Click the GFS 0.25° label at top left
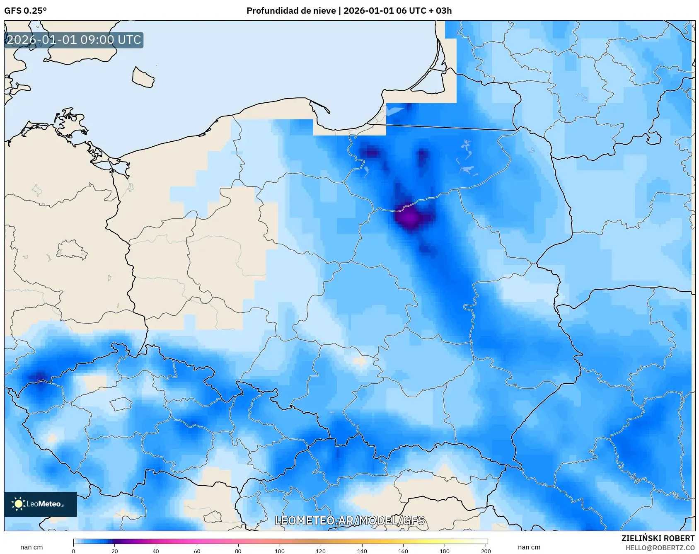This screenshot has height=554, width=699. [25, 11]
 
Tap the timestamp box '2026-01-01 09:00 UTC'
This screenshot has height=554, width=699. [74, 40]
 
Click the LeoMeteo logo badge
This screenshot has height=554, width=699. [40, 504]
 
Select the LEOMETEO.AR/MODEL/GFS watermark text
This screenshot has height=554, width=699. [349, 520]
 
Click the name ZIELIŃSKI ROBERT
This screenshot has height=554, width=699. [658, 538]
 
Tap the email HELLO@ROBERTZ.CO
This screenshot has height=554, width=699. [660, 548]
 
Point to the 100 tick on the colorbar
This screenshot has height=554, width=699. [280, 551]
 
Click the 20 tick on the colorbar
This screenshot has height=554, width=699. [115, 551]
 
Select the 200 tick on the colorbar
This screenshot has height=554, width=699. [486, 551]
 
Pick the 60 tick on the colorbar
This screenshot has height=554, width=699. [197, 551]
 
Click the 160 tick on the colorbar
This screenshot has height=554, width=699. [403, 551]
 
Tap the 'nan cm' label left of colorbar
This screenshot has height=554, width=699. [31, 547]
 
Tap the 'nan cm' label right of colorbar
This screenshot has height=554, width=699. [529, 547]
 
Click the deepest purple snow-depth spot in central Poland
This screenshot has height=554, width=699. [409, 217]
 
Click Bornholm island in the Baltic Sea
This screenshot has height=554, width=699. [143, 77]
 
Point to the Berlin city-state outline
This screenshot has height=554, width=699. [70, 249]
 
